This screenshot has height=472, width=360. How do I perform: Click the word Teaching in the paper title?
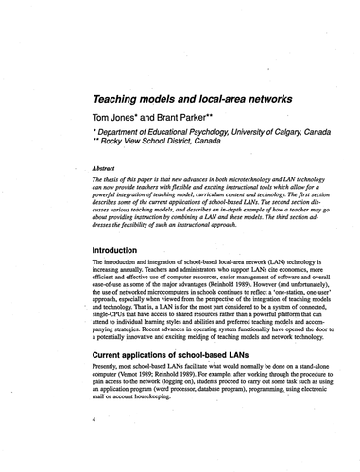point(119,97)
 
